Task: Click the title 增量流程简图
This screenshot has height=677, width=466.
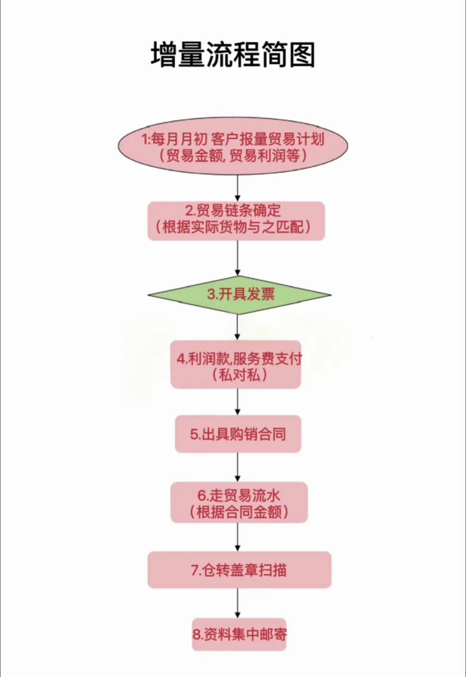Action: click(233, 55)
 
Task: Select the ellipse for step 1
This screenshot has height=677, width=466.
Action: click(233, 146)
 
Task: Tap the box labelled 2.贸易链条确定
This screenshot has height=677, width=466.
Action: click(236, 220)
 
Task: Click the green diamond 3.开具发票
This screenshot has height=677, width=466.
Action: click(239, 295)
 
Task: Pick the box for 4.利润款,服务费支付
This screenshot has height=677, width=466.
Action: click(236, 365)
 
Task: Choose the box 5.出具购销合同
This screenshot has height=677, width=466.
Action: click(238, 434)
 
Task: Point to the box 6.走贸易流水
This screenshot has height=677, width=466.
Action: click(239, 502)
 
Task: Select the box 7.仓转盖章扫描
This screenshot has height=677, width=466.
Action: click(239, 570)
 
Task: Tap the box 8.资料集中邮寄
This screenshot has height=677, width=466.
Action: click(239, 634)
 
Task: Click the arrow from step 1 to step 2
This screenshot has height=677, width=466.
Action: click(237, 188)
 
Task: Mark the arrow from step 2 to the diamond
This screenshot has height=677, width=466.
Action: click(237, 258)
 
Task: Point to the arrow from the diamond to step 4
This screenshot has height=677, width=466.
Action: click(237, 327)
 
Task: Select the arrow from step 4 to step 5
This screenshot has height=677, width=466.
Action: click(237, 402)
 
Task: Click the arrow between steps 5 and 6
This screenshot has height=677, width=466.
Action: click(237, 467)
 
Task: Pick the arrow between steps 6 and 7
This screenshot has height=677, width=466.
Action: click(237, 537)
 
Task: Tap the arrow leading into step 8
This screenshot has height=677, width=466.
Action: click(237, 603)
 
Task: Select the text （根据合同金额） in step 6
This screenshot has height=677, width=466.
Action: click(239, 512)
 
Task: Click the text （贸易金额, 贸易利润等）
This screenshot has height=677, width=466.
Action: click(233, 155)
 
